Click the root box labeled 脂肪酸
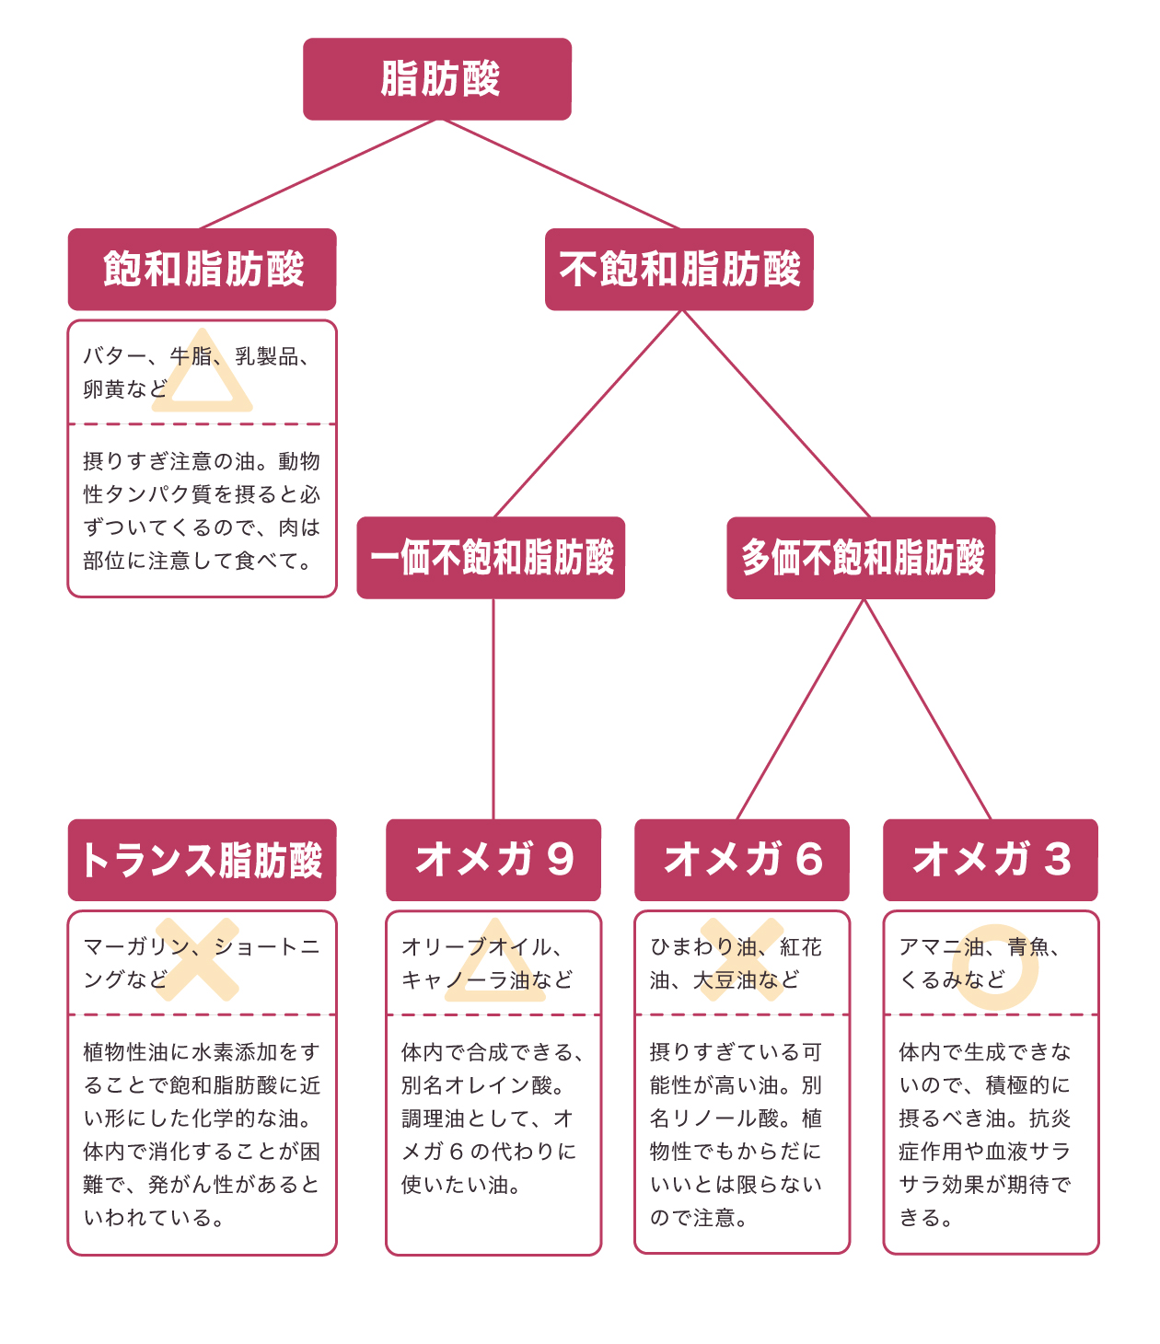click(x=437, y=79)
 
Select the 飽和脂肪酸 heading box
click(x=203, y=269)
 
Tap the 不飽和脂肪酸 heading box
click(x=679, y=269)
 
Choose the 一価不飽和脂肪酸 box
click(x=491, y=558)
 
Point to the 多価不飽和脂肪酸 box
click(x=861, y=558)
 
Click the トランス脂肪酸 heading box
click(x=203, y=860)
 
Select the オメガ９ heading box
click(x=493, y=860)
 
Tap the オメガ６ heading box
click(x=742, y=860)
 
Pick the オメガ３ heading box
click(x=991, y=860)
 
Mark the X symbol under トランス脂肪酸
click(x=197, y=959)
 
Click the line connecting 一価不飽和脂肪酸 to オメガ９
click(x=493, y=709)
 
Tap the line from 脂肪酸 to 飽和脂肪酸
click(x=318, y=174)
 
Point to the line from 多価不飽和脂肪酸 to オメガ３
click(x=927, y=709)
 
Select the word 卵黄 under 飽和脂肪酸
click(x=103, y=389)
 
